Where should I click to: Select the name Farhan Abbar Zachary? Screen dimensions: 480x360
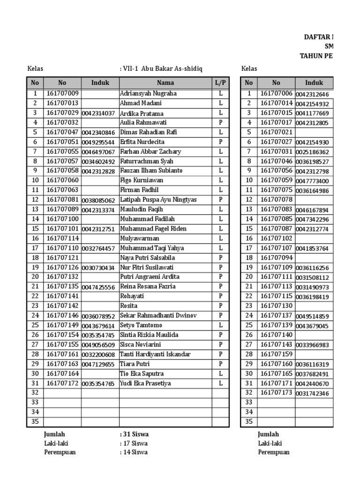pos(150,152)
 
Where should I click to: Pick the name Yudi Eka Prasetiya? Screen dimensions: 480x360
pos(145,383)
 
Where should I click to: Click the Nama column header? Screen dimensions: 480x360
pos(165,83)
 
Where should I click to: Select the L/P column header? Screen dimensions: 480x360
pos(220,83)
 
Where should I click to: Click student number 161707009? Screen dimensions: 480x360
pos(62,94)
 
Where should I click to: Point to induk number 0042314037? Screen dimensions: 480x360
pos(98,113)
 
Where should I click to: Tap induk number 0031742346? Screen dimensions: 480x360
pos(312,393)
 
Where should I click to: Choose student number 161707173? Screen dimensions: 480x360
pos(277,392)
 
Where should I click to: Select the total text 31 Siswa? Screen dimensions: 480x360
pos(134,435)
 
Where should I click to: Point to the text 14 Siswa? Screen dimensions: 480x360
pos(134,452)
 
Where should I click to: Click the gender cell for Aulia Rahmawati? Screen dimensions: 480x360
pos(220,123)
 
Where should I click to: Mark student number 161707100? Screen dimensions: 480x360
pos(62,219)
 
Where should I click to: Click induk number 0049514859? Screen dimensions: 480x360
pos(312,316)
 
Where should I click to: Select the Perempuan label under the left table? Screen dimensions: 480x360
pos(60,452)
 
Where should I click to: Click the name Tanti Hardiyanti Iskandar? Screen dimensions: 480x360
pos(155,354)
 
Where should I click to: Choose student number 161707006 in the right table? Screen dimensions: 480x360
pos(277,94)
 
